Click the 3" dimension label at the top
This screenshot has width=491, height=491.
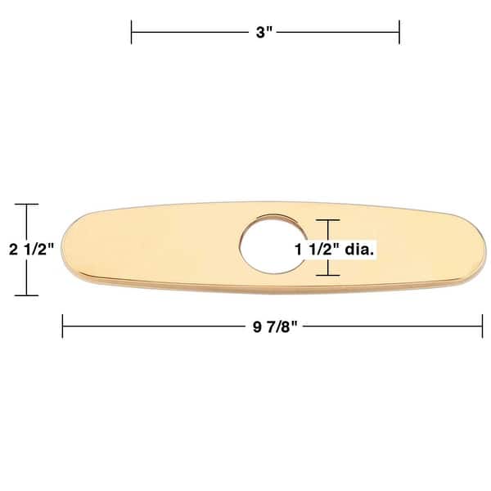[264, 33]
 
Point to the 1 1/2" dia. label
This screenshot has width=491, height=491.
[335, 249]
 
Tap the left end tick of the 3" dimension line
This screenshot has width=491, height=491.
[132, 33]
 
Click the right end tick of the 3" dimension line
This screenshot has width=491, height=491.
[399, 33]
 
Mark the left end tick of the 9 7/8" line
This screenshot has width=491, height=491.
[63, 326]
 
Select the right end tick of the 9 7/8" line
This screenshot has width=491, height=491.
[483, 326]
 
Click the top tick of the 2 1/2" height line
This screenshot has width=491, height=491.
[27, 204]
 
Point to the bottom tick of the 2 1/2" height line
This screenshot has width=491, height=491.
[27, 295]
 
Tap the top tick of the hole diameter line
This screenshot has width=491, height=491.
[327, 219]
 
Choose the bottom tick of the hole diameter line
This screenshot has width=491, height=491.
[327, 275]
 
